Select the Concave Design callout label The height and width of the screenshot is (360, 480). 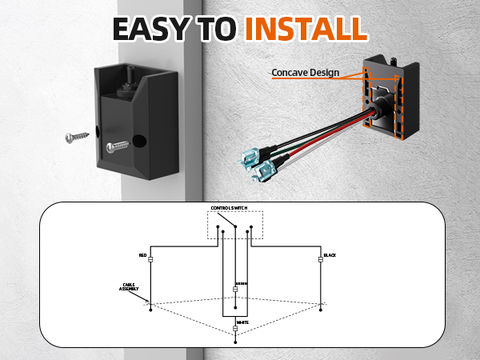pos(305,73)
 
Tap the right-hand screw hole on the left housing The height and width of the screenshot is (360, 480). pos(142,141)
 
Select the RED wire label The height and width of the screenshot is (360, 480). pos(143,256)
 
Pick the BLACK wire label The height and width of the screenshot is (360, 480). pos(330,256)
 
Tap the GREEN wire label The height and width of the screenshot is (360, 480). pos(241,283)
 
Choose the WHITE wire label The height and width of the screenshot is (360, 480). pos(242,322)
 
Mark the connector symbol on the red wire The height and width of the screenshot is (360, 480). pos(150,259)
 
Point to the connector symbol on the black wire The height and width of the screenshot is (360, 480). pos(320,259)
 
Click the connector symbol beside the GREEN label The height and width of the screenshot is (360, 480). pos(235,289)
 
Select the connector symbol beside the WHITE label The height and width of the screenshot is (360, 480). pos(235,327)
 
